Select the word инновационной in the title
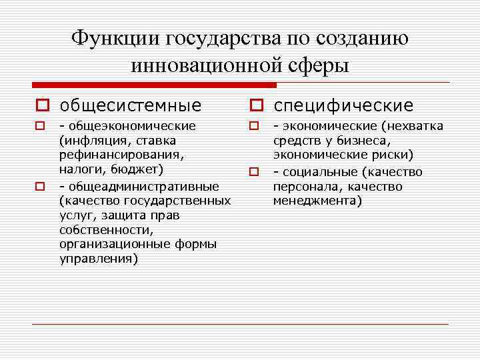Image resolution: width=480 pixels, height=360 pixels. tap(213, 65)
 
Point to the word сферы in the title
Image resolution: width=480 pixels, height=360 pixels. tap(317, 65)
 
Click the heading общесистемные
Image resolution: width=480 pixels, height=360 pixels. tap(130, 105)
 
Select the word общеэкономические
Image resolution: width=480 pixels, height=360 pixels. tap(131, 126)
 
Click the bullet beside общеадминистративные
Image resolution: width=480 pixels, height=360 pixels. tap(40, 186)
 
